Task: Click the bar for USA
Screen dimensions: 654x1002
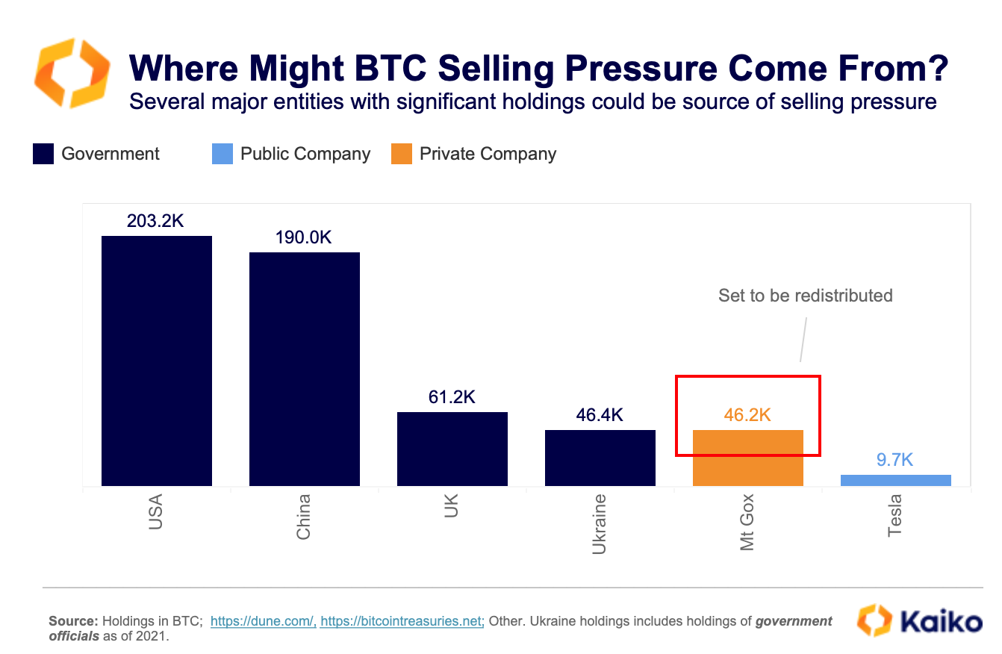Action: (157, 361)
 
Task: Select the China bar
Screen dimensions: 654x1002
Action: (305, 369)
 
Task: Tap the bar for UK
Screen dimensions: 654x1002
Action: (452, 449)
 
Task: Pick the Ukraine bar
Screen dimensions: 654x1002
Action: (600, 458)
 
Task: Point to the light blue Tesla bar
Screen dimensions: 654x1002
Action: (896, 480)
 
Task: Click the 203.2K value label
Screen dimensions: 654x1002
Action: (155, 221)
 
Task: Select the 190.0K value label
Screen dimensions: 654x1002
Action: (303, 237)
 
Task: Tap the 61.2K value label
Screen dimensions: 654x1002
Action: (451, 397)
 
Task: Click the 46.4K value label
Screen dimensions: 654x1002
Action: (599, 415)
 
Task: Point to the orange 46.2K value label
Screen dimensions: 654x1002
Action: (747, 415)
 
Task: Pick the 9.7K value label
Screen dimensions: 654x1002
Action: (894, 460)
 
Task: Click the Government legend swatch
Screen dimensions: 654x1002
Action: (43, 155)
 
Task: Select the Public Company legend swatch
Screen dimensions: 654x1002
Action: (223, 155)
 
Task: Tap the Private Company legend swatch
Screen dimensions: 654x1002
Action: (402, 155)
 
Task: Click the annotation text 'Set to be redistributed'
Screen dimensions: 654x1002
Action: (806, 296)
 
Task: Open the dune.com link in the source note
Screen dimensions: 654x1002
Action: (264, 621)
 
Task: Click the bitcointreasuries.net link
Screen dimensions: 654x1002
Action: (402, 621)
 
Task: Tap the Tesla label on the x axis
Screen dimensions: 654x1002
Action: (895, 516)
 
